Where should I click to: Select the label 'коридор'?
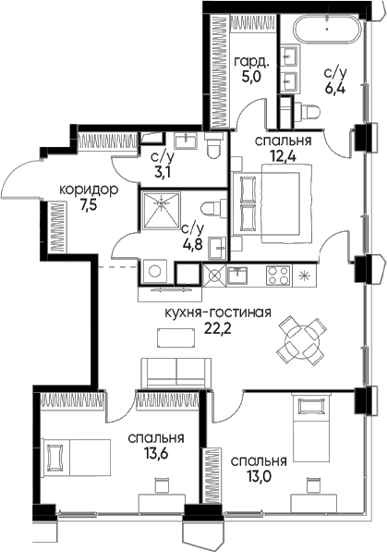(x=89, y=190)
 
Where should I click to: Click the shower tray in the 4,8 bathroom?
(x=161, y=210)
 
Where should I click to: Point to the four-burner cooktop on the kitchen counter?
(x=278, y=276)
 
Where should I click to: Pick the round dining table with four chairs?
(x=301, y=340)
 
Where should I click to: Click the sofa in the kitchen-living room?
(x=175, y=374)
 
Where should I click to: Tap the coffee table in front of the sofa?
(x=175, y=338)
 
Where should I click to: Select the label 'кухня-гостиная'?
(x=218, y=313)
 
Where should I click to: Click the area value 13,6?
(x=156, y=453)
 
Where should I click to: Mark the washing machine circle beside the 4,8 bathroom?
(x=155, y=271)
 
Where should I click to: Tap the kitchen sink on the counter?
(x=237, y=276)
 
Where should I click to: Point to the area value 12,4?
(x=283, y=155)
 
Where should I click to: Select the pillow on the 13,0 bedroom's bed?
(x=311, y=407)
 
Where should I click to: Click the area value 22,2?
(x=218, y=328)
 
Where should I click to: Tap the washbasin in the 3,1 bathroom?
(x=187, y=141)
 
